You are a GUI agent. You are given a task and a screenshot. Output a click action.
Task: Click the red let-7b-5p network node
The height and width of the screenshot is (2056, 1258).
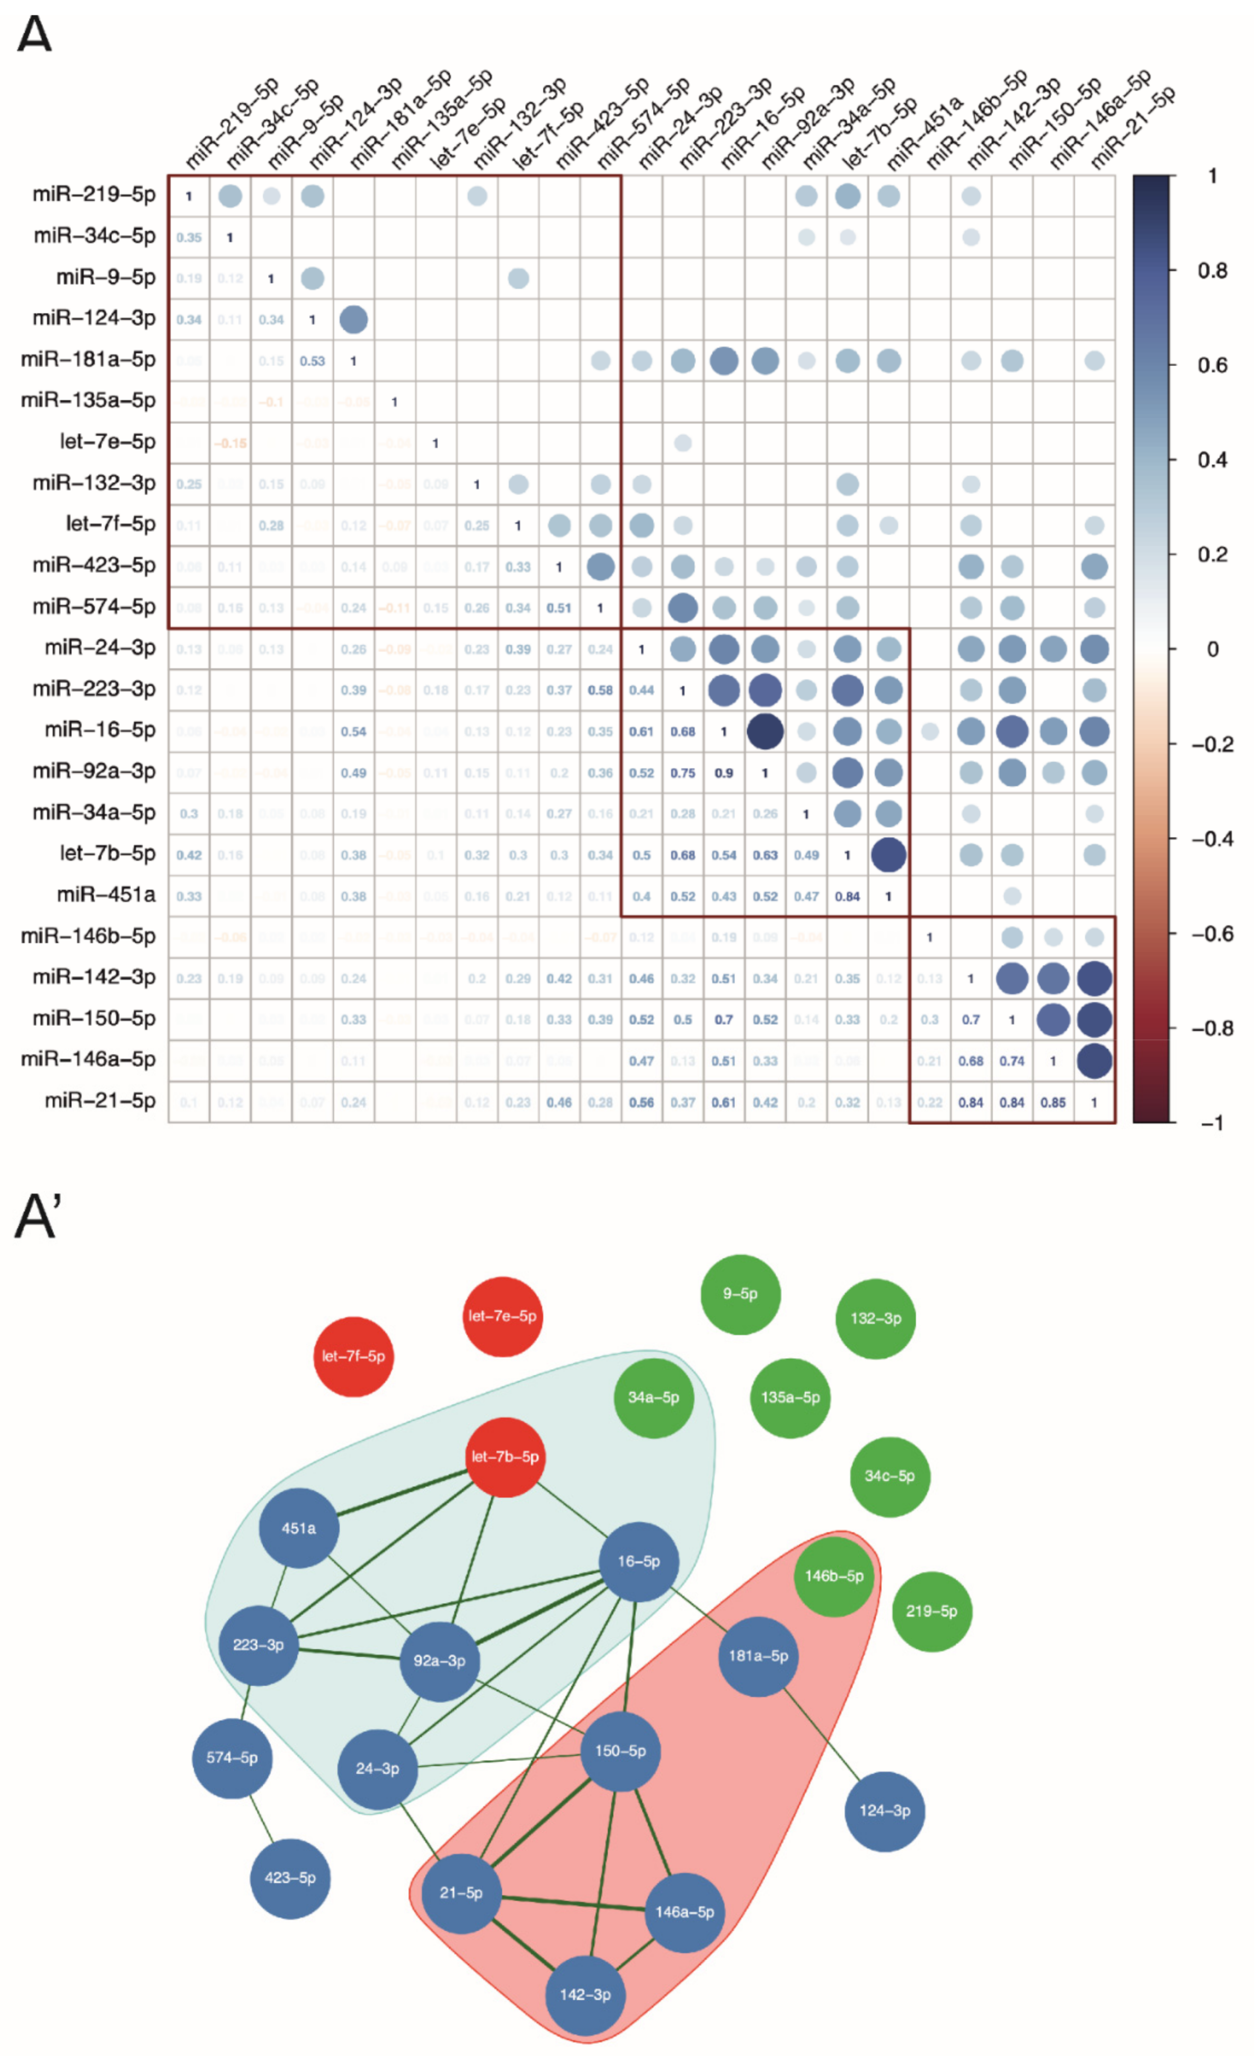coord(505,1457)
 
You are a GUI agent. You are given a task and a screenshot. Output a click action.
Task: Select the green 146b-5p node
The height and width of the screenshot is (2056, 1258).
coord(833,1576)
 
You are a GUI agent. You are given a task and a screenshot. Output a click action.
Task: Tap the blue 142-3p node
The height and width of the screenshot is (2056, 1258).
coord(585,1995)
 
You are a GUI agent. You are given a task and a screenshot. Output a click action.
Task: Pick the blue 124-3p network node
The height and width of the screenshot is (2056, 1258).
coord(884,1811)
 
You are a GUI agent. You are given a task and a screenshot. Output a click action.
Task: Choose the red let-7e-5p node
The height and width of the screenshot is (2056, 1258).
coord(502,1316)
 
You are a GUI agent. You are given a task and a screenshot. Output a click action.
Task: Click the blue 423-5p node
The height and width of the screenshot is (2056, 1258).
coord(289,1878)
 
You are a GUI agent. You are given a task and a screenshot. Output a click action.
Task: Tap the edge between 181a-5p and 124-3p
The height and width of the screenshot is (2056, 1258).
coord(822,1734)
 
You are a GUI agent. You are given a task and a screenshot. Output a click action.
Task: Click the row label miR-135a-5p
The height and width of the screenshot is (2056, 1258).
coord(89,400)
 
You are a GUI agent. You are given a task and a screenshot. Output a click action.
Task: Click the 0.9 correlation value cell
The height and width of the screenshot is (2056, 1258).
coord(723,772)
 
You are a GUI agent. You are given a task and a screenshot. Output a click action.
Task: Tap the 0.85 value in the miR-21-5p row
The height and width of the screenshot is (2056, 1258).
coord(1053,1102)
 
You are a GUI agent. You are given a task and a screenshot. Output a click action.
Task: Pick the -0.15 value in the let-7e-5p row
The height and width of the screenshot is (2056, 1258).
coord(230,443)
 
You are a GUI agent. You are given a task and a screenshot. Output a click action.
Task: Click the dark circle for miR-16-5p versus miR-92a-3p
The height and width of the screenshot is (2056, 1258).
coord(764,731)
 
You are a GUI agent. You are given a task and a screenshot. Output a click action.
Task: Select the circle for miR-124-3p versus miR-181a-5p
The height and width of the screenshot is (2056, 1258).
coord(353,319)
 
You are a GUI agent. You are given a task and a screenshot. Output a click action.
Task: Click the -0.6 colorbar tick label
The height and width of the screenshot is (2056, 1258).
coord(1211,933)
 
